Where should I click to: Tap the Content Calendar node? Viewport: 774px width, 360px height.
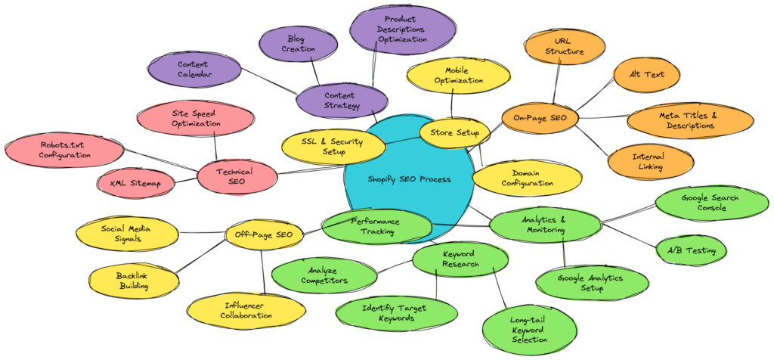[x=193, y=70]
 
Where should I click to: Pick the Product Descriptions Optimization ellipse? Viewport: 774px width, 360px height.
[x=404, y=29]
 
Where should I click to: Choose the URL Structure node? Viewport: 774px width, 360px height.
[x=565, y=46]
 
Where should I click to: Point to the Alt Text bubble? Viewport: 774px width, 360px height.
[x=647, y=75]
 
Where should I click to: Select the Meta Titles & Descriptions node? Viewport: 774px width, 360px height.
[x=690, y=120]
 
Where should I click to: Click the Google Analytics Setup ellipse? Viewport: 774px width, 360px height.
[x=592, y=282]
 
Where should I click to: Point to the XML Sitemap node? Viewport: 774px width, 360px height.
[x=137, y=183]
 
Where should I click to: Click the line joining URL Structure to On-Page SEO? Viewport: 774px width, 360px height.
[x=559, y=83]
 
